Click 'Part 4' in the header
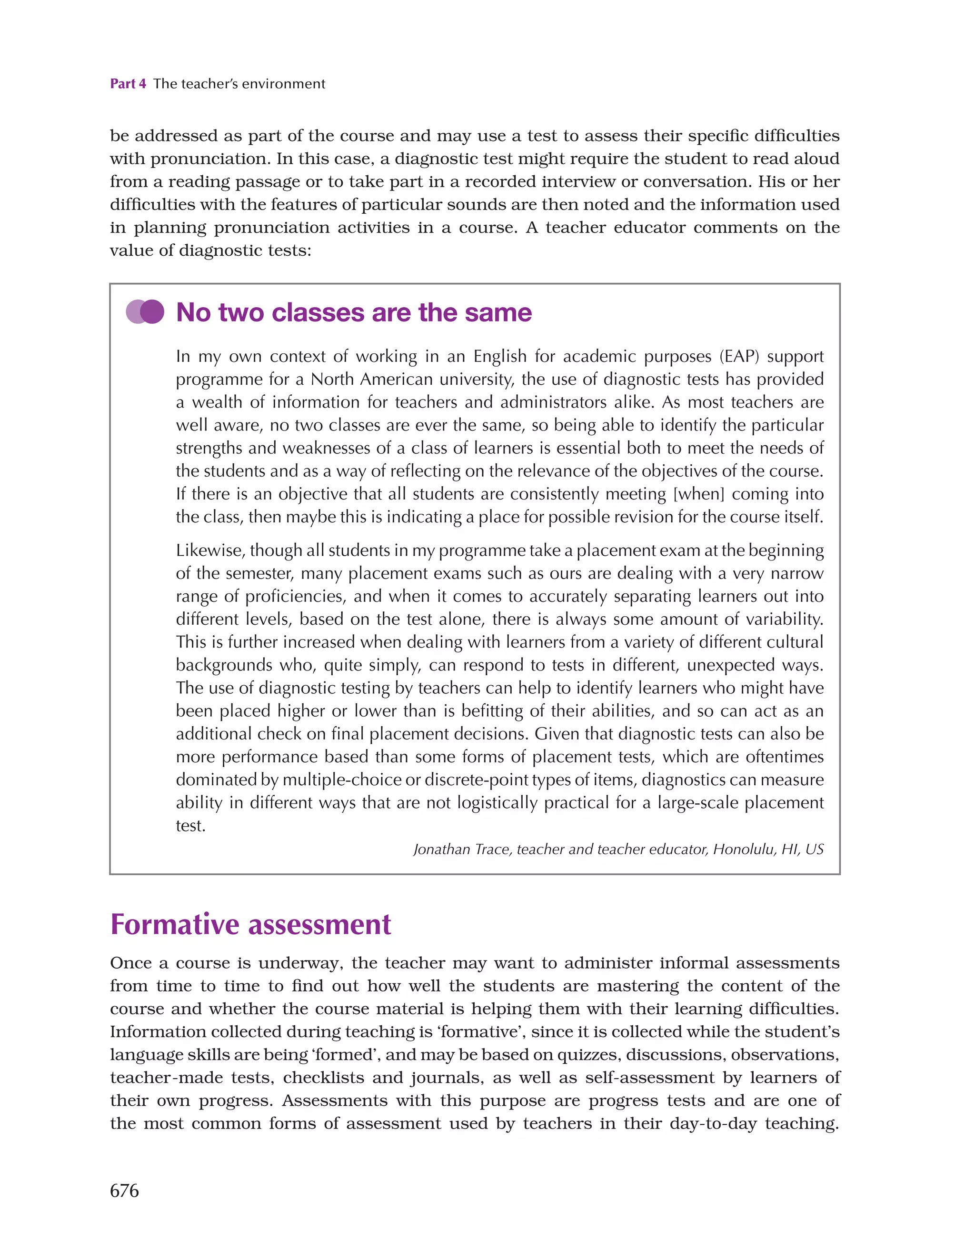pyautogui.click(x=128, y=84)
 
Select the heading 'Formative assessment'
pyautogui.click(x=250, y=924)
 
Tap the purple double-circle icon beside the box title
pyautogui.click(x=145, y=312)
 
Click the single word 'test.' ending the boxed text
pyautogui.click(x=190, y=826)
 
